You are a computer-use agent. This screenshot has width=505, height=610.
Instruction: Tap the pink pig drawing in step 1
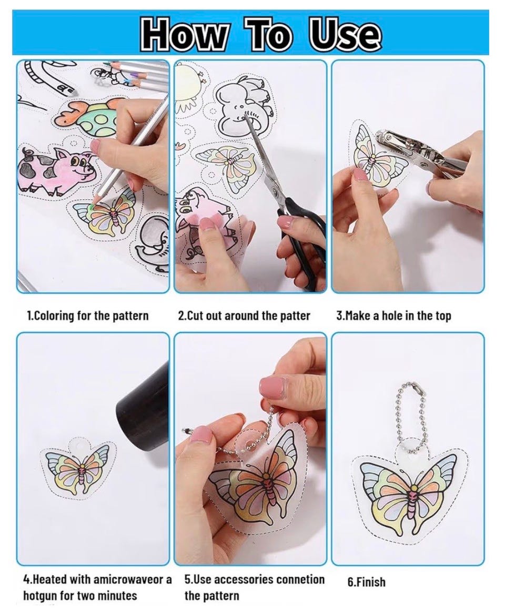click(x=56, y=170)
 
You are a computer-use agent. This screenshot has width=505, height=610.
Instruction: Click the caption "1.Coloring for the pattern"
click(x=87, y=315)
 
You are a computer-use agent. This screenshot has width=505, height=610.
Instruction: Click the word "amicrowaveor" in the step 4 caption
click(x=126, y=579)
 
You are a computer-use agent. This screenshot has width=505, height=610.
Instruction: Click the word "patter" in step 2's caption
click(x=295, y=316)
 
